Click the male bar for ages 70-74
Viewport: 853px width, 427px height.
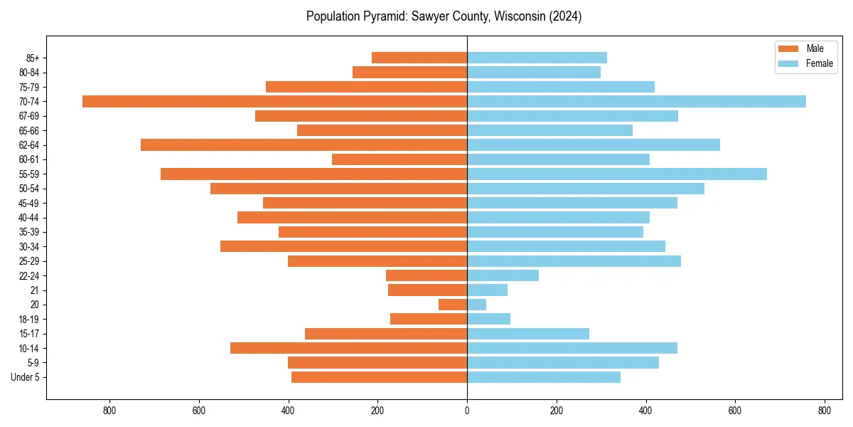pos(274,101)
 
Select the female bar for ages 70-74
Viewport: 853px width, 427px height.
pos(636,101)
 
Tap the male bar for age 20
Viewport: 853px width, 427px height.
pos(453,305)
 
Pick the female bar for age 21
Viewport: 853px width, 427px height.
pos(487,290)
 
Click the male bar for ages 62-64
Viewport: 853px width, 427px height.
pos(304,145)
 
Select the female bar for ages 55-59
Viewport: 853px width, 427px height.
pos(616,174)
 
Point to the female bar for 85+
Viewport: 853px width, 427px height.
pos(537,58)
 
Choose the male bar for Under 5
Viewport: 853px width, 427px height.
pos(379,377)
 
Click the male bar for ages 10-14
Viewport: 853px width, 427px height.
pos(348,348)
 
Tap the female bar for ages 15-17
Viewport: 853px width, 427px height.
pos(527,334)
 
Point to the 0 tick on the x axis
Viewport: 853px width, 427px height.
pos(467,411)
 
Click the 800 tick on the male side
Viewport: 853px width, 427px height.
pos(109,411)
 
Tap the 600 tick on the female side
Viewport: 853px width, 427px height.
pos(735,411)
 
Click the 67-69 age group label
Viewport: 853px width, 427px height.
pos(30,116)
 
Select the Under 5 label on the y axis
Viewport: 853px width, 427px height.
pos(26,377)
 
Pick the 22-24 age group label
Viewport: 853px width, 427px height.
pos(30,276)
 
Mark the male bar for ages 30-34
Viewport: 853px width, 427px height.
pos(343,247)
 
